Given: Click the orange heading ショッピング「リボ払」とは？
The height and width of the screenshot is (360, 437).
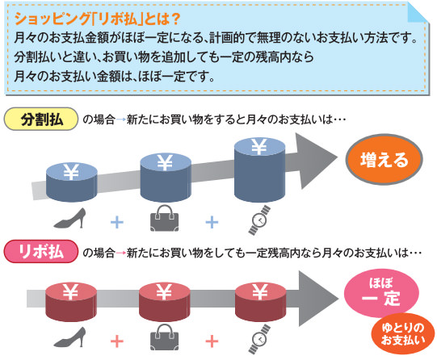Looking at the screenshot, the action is point(97,19).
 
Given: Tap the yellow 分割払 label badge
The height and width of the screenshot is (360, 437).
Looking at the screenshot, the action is point(40,119).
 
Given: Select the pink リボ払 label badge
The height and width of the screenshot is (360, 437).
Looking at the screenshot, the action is point(40,251).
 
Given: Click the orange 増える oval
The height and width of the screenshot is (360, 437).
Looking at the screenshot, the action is point(384,159).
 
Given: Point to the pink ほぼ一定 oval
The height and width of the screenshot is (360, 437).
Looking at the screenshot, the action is point(381,293).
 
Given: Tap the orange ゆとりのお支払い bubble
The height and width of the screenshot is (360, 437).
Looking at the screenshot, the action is point(403,334).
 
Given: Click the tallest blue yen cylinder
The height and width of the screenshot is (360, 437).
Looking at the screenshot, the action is point(260,170).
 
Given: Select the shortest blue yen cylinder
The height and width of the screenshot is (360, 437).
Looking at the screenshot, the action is point(71,182).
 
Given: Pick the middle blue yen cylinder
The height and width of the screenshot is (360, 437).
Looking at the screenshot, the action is point(166,178).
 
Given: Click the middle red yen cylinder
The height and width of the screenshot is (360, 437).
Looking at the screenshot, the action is point(165,302).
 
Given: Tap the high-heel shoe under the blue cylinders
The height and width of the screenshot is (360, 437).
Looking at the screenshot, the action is point(69,218).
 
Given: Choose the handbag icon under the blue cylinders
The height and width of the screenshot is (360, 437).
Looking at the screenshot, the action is point(165,218).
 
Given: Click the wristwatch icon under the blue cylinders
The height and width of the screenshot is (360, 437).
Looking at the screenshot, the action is point(259,220).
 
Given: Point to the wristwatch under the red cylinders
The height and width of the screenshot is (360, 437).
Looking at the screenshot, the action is point(259,339).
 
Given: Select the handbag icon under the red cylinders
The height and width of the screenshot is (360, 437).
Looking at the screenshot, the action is point(165,337).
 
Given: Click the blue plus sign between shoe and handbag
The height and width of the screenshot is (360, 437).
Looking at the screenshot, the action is point(117,222).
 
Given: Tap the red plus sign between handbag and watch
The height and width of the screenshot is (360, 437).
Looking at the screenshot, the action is point(212,341).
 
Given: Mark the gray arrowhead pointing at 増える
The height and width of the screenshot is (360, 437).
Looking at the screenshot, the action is point(315,160).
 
